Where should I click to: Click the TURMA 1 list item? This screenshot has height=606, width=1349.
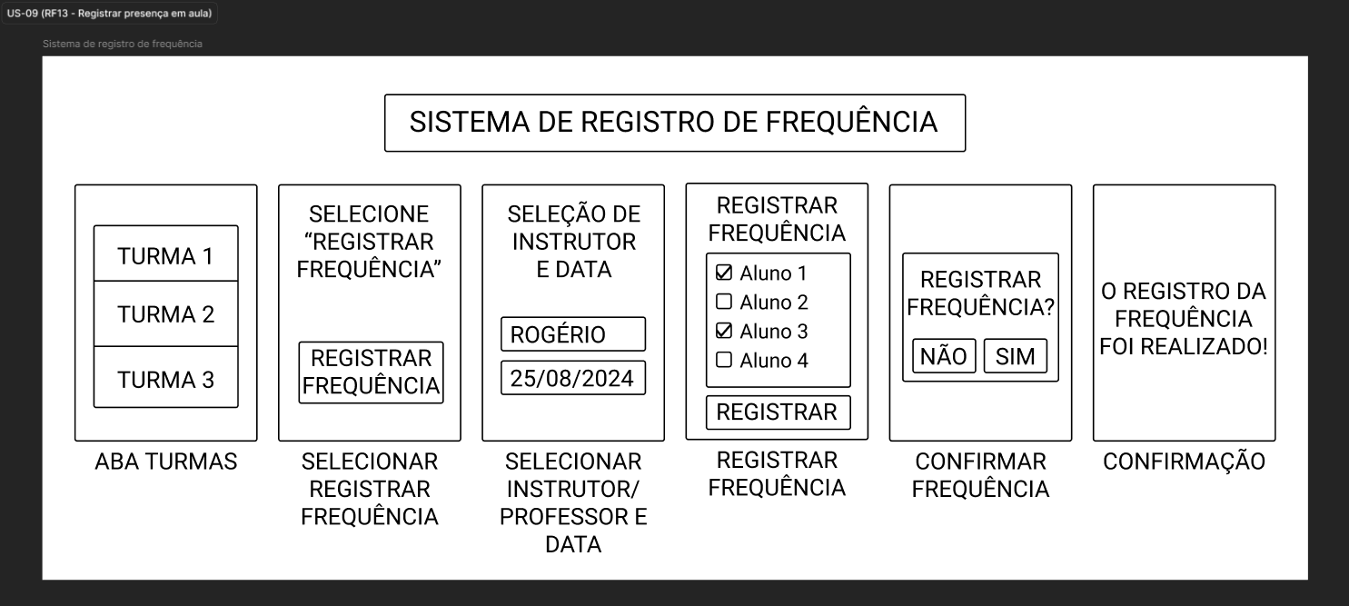(165, 253)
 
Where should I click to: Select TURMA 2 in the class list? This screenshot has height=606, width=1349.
(165, 313)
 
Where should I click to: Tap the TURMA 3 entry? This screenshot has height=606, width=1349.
(165, 378)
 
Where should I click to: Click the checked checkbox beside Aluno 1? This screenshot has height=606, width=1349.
(724, 273)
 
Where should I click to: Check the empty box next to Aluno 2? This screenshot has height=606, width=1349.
(724, 302)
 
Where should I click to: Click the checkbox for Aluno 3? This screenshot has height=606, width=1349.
(724, 331)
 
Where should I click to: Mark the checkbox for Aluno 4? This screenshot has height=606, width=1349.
(724, 360)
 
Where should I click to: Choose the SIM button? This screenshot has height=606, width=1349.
(1016, 356)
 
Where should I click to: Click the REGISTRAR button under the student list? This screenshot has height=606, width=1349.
(779, 412)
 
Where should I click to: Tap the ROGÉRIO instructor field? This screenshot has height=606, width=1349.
(573, 334)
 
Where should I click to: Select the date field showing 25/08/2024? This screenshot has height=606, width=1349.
(573, 378)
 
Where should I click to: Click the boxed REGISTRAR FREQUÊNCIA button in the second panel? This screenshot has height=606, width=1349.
(371, 373)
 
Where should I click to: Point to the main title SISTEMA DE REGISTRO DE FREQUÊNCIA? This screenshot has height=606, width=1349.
(674, 123)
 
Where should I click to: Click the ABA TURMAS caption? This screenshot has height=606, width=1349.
(166, 462)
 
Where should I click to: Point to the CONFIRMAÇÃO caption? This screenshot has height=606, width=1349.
(1184, 462)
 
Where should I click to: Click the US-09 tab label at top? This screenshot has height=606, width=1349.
(110, 14)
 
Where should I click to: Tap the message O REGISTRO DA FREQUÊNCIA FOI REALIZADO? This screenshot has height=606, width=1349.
(1184, 319)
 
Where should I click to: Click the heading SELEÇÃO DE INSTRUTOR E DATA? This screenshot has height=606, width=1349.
(573, 242)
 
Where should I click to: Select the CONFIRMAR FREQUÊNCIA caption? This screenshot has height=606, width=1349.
(980, 475)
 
